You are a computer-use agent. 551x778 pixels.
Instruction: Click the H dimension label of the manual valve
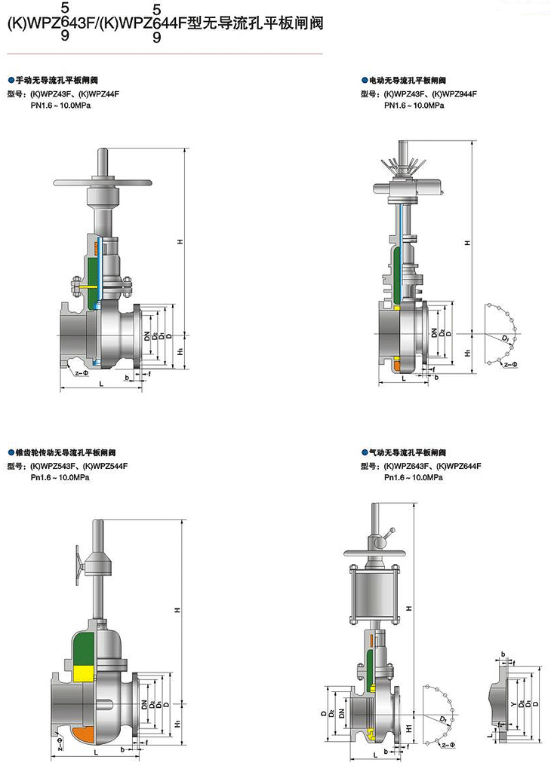(x=180, y=242)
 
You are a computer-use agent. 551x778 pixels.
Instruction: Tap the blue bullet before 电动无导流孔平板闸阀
(x=365, y=80)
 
